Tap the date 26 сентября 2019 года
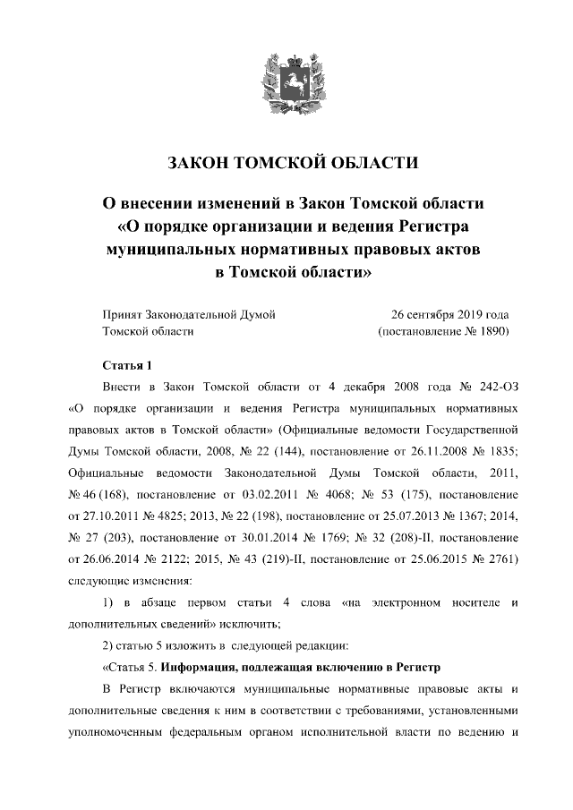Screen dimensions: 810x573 click(x=449, y=314)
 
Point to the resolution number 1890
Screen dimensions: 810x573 click(x=490, y=331)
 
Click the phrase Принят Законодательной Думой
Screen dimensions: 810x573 click(x=189, y=314)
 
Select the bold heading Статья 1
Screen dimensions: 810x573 click(x=122, y=365)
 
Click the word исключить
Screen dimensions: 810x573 click(x=250, y=622)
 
